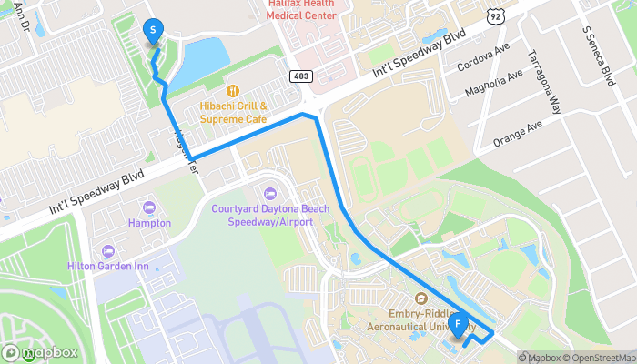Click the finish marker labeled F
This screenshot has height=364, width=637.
(460, 323)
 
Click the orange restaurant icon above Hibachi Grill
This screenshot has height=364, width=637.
(233, 90)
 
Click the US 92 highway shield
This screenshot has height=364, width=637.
(494, 16)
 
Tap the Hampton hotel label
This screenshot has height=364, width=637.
(150, 223)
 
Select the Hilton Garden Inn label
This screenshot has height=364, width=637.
(108, 266)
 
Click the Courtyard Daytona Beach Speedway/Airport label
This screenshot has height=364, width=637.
(270, 215)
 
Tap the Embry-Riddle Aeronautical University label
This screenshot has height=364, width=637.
(420, 318)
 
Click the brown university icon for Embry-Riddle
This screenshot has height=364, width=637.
(420, 298)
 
